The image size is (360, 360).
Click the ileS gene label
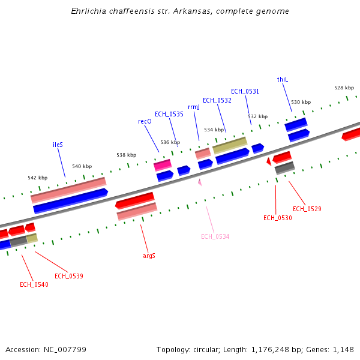(x=58, y=145)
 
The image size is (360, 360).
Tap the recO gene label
(x=145, y=121)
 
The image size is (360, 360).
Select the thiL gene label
(x=283, y=79)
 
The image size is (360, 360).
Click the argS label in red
(x=149, y=256)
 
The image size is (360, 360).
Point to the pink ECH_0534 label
(x=215, y=236)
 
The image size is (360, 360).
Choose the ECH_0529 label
(x=307, y=209)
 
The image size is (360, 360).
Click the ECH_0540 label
(x=34, y=284)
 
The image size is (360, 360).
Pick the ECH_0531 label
(x=245, y=91)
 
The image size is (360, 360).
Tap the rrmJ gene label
(x=194, y=107)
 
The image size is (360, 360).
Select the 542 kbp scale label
(x=37, y=178)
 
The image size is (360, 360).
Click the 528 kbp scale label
(x=344, y=88)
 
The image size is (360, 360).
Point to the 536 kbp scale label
(x=170, y=142)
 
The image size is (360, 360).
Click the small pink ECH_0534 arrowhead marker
(x=200, y=182)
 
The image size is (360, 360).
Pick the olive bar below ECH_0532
(x=230, y=145)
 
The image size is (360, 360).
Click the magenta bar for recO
(x=163, y=164)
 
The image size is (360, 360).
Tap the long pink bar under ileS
(x=68, y=190)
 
